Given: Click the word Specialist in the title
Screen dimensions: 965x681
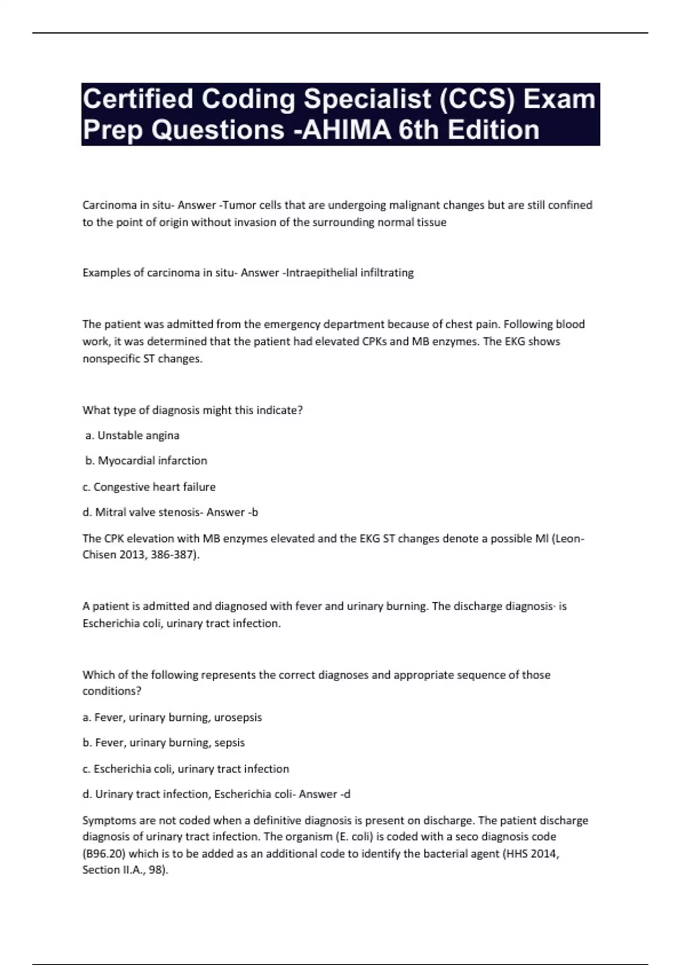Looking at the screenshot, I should pyautogui.click(x=367, y=99).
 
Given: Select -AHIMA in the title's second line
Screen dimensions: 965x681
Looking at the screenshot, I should pyautogui.click(x=343, y=130).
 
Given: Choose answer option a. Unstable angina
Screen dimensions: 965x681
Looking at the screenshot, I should pyautogui.click(x=132, y=435).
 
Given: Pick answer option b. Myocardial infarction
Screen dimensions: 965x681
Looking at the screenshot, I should pyautogui.click(x=146, y=460).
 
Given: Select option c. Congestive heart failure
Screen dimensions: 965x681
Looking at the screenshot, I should pyautogui.click(x=149, y=486).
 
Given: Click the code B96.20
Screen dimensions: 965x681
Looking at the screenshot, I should pyautogui.click(x=106, y=853).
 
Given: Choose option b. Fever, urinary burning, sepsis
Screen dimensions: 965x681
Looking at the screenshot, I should pyautogui.click(x=163, y=742).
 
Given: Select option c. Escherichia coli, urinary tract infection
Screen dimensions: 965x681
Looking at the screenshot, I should pyautogui.click(x=186, y=769).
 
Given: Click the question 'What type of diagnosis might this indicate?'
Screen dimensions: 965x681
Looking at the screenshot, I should pyautogui.click(x=192, y=410).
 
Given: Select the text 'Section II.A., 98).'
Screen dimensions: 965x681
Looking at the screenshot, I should pyautogui.click(x=125, y=870).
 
